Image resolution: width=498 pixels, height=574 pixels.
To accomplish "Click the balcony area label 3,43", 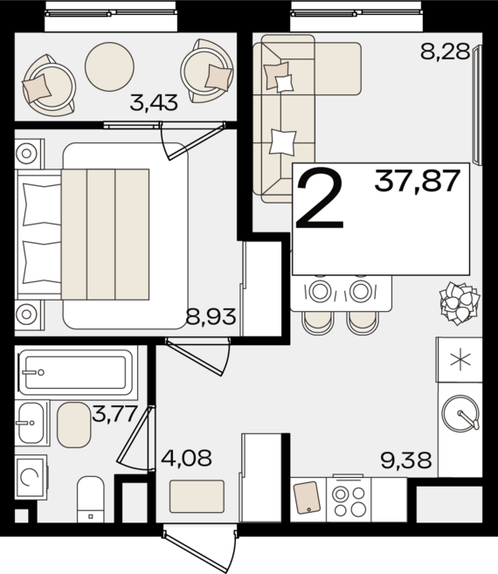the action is point(154,102).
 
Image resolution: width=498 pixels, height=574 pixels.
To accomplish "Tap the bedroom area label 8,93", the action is point(211,316).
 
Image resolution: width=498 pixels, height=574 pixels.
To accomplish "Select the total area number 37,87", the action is point(417,181).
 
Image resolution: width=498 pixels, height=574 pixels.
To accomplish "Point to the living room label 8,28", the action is point(445,51).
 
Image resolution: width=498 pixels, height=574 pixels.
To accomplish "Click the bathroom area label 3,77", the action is point(114,414).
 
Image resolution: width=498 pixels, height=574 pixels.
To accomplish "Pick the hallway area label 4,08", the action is point(186,458).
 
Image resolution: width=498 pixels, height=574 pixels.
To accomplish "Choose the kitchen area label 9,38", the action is point(406,460).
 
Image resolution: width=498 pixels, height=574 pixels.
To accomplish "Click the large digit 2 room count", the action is point(320,197).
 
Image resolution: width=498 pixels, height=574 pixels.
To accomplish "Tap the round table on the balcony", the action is point(109,66).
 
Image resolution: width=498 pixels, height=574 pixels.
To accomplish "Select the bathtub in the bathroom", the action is point(76,372).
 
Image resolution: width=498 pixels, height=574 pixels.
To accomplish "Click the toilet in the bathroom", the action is point(91,499).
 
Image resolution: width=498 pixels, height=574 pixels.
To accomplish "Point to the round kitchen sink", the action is point(460,413).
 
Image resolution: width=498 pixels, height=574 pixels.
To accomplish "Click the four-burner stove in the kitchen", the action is point(349,500).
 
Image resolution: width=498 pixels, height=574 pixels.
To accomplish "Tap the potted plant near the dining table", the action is point(460,303).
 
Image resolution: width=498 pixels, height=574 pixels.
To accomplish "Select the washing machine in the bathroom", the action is point(31,477).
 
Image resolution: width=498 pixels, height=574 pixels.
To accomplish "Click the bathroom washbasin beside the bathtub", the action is point(31,423).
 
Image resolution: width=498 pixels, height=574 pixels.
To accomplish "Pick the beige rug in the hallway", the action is point(197,496).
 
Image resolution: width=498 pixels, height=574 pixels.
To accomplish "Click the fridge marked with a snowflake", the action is point(460,360).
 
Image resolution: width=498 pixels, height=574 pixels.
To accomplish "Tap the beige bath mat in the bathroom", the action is point(73,425).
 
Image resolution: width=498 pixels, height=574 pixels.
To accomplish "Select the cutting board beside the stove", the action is point(308,497).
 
